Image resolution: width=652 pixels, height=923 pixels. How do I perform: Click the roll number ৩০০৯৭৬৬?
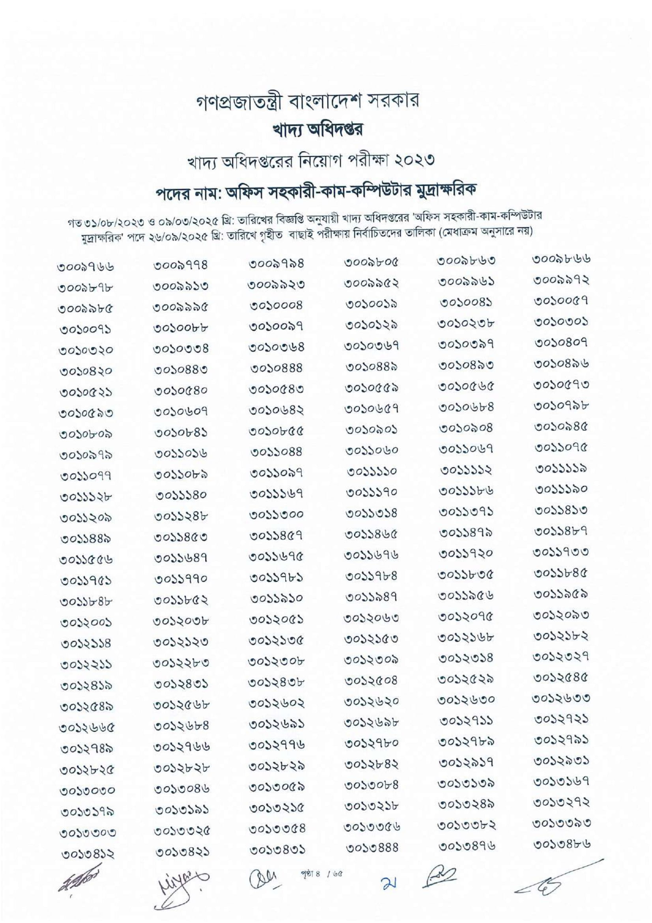(86, 267)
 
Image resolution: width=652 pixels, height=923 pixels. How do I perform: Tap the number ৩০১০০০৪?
(276, 305)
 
